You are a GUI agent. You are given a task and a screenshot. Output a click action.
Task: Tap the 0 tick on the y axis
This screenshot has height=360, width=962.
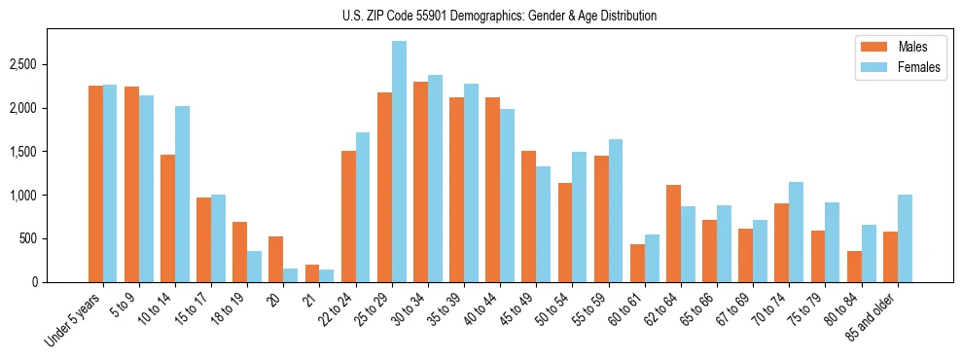[35, 282]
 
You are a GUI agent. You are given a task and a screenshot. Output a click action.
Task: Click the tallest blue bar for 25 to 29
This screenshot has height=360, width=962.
[399, 162]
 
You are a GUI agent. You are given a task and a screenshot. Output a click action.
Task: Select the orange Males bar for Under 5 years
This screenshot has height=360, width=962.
[95, 184]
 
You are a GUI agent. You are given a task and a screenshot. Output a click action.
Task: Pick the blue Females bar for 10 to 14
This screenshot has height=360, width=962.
[182, 195]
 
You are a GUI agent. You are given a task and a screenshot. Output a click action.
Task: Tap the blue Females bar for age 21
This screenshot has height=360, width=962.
[327, 276]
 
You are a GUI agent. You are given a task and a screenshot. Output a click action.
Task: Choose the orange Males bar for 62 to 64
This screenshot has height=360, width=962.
[673, 234]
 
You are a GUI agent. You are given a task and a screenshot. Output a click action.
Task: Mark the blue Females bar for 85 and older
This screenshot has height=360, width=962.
[905, 238]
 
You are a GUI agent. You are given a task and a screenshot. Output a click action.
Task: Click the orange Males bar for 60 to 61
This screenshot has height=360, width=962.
[637, 264]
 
